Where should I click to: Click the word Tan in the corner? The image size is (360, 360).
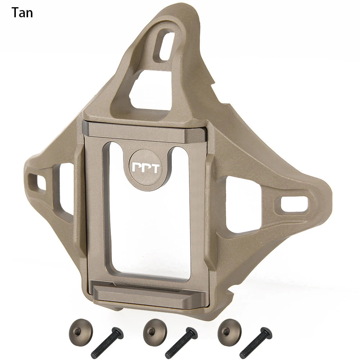point(22,13)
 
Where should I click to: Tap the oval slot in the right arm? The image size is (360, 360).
point(292,204)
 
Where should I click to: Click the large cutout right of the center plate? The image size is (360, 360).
point(239,205)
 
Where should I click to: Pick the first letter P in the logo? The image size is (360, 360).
point(137,168)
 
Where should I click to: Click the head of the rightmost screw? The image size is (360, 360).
point(266,332)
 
